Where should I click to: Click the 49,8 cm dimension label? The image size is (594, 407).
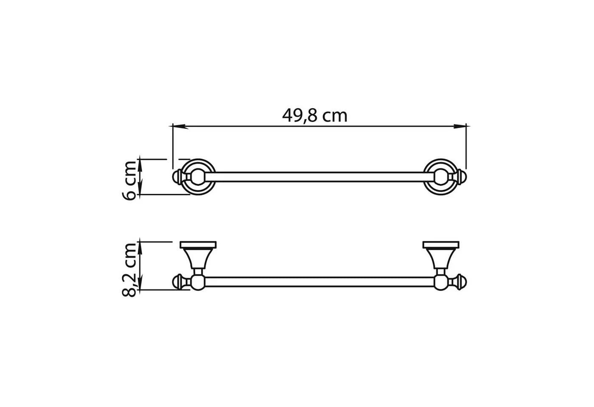click(x=314, y=116)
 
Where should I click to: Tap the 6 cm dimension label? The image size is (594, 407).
click(x=129, y=181)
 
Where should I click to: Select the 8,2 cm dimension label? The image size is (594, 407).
click(x=129, y=270)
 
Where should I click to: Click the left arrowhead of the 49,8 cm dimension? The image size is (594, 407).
click(x=180, y=126)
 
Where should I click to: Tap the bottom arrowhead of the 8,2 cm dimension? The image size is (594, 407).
click(x=140, y=282)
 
